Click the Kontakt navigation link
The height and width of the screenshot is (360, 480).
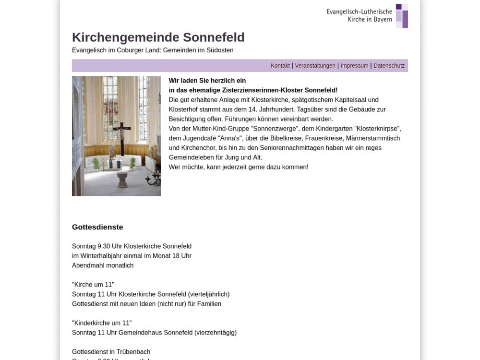(x=280, y=66)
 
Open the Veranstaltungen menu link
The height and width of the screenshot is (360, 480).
(x=315, y=66)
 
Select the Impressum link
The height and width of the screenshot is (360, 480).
(x=354, y=66)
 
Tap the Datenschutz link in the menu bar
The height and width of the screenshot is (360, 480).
(x=389, y=66)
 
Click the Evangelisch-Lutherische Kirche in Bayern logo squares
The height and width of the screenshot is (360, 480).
(x=402, y=16)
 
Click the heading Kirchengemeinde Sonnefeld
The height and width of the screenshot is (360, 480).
(x=158, y=37)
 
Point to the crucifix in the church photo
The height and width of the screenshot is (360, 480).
(x=122, y=137)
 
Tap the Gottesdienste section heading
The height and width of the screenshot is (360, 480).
(x=97, y=227)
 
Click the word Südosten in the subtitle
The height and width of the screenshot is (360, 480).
(x=220, y=50)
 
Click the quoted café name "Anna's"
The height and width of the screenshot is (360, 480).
(x=229, y=138)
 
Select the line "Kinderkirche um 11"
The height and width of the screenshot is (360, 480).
(x=102, y=323)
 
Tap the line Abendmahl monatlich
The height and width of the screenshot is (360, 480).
(x=103, y=265)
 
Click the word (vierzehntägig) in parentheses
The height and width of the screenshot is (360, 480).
(x=216, y=333)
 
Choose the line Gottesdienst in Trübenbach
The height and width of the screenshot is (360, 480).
(x=111, y=352)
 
